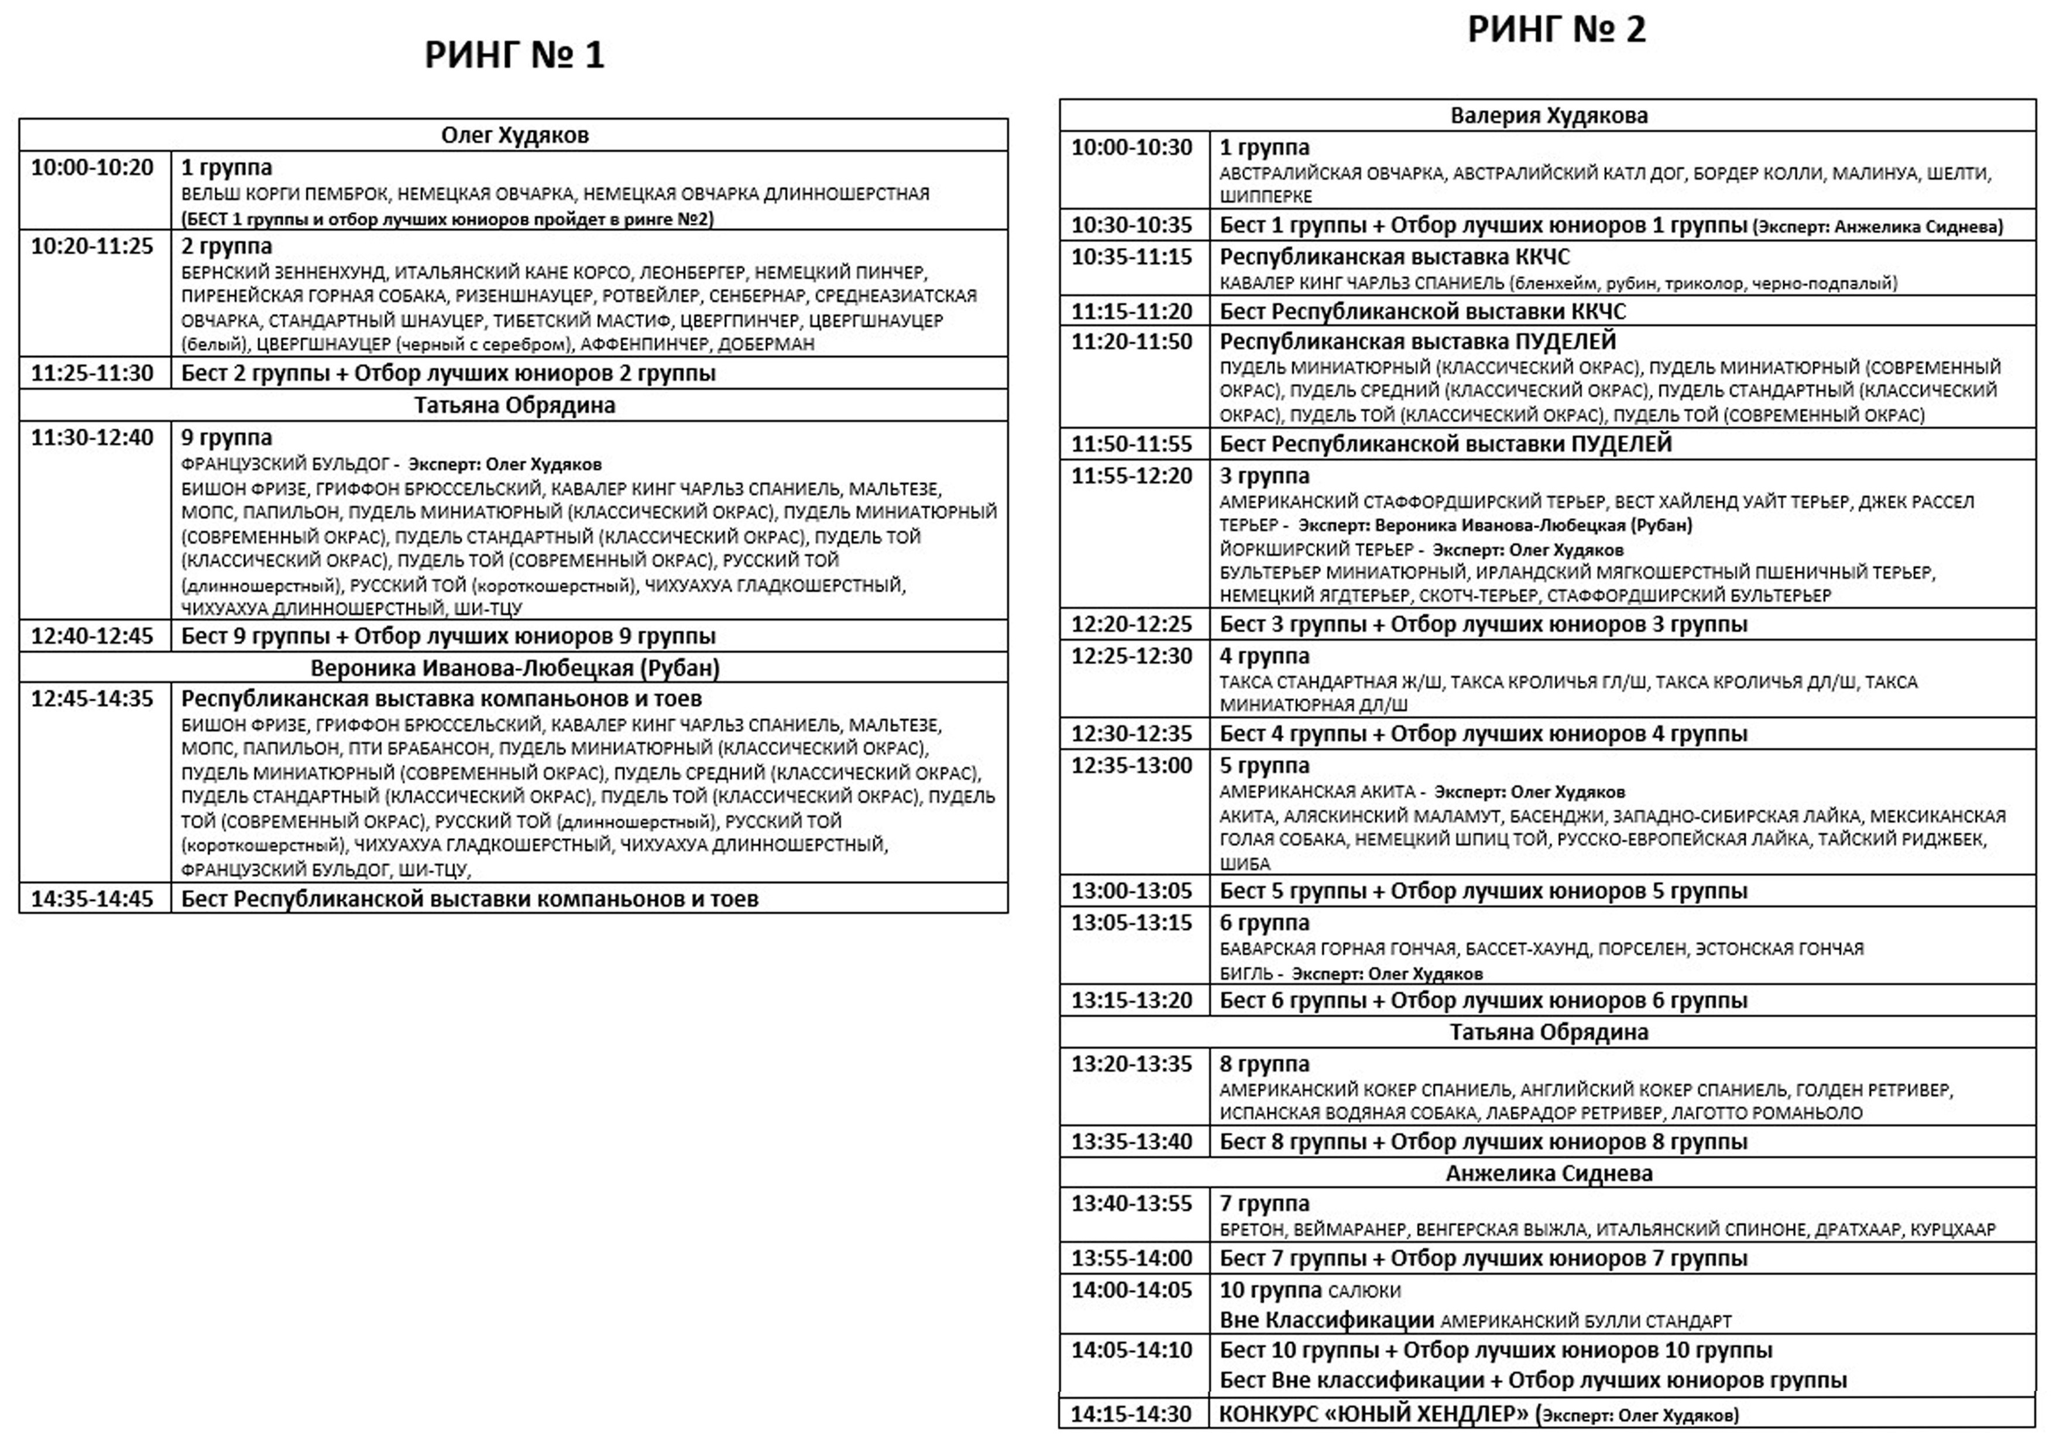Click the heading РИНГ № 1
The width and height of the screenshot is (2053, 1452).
(514, 56)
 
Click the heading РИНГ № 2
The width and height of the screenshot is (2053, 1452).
(1556, 29)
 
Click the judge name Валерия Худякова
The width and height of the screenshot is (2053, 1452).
(1549, 115)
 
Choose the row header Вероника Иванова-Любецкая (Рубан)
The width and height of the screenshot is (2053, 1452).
(514, 667)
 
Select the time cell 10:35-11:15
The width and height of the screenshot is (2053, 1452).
(1132, 257)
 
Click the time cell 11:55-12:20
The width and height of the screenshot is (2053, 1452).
(1132, 476)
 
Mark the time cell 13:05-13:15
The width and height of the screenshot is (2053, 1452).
(1132, 922)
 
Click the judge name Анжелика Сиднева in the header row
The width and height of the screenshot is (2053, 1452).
(1549, 1173)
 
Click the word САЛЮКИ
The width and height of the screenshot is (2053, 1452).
(1365, 1291)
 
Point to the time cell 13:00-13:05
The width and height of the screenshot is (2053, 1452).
(1132, 891)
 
